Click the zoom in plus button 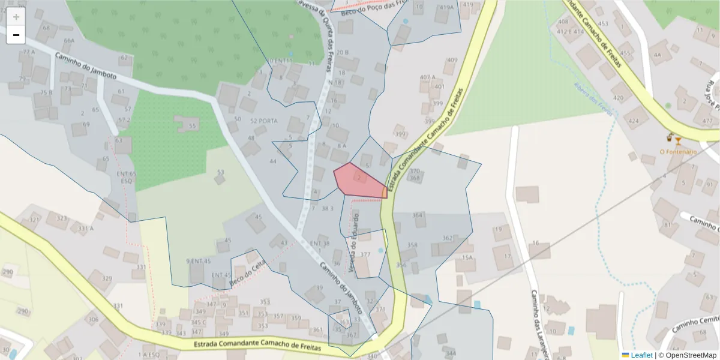coord(16,17)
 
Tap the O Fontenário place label coord(678,152)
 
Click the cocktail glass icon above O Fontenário coord(678,140)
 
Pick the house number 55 coord(192,126)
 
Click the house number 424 coord(634,121)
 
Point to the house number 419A coord(446,8)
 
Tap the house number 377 coord(365,254)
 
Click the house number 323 coord(62,218)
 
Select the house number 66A coord(69,41)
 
